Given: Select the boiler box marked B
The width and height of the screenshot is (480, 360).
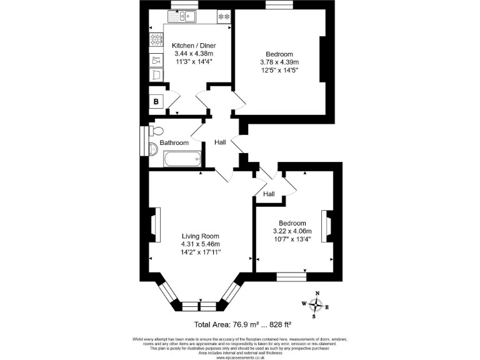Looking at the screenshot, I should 156,102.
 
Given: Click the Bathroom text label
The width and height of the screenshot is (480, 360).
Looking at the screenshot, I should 174,143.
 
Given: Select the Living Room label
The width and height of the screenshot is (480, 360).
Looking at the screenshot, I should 200,236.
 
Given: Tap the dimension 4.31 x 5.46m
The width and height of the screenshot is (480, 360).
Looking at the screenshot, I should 200,244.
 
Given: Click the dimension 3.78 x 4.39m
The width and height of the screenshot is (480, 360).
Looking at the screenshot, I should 279,62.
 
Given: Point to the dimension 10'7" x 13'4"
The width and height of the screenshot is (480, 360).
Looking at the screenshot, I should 292,239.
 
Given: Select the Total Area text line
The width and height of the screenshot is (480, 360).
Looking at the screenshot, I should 243,324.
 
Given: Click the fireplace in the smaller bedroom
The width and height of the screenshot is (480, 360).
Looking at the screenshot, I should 325,226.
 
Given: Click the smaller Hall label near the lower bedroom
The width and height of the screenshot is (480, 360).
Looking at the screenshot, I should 269,194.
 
